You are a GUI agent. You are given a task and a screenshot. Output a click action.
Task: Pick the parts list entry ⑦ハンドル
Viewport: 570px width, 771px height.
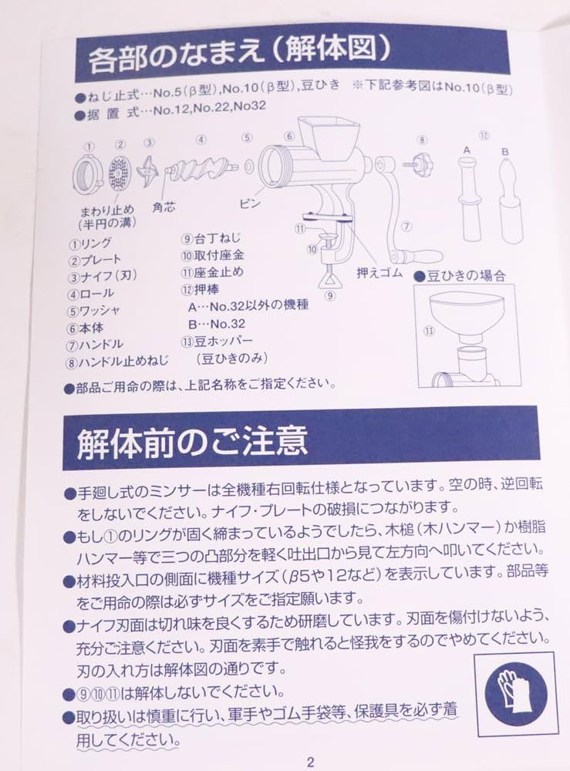tap(96, 344)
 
